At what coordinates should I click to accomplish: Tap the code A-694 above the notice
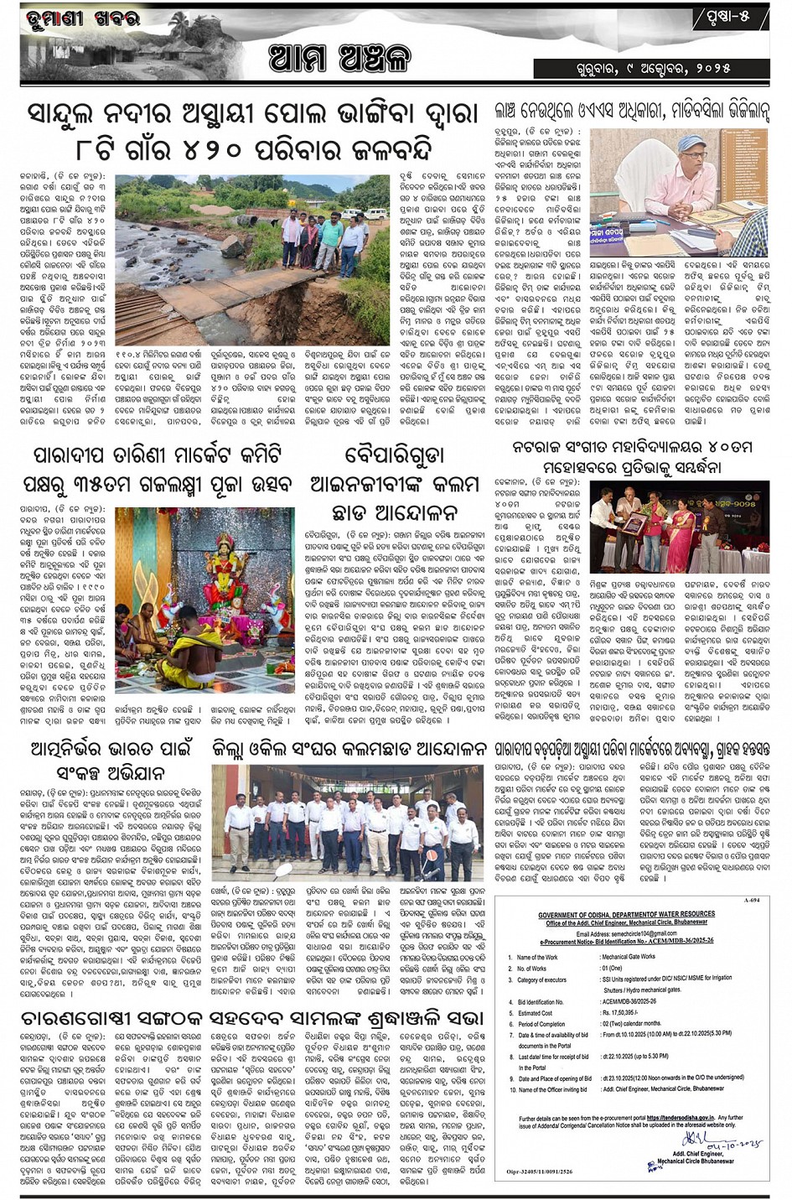[x=750, y=900]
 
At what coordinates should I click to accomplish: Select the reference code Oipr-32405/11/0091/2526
[x=543, y=1171]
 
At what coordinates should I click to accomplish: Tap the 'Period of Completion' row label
[x=541, y=1024]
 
